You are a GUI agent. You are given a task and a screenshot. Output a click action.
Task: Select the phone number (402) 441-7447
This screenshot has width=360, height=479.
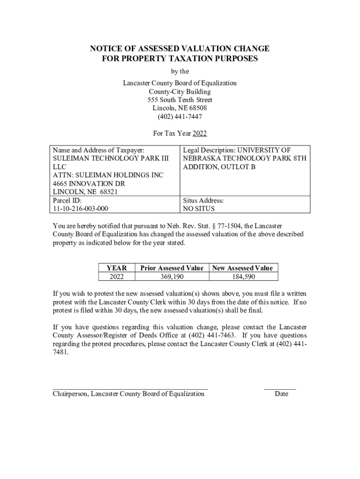point(180,117)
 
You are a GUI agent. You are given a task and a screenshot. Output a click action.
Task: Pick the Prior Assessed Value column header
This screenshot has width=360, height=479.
point(172,268)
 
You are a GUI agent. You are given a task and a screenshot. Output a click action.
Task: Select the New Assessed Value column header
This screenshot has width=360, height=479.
point(242,268)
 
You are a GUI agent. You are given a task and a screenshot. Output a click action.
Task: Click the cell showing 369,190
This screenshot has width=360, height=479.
point(172,277)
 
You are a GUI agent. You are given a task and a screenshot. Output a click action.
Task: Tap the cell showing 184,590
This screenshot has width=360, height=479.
point(242,277)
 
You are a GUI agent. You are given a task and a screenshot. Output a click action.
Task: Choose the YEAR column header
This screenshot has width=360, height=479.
point(117,268)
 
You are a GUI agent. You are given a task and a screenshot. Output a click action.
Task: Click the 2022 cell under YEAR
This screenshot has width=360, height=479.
point(117,277)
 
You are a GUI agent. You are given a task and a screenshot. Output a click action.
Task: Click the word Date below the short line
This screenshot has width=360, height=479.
point(281,394)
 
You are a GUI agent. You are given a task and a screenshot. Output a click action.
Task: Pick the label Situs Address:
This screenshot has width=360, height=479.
point(203,201)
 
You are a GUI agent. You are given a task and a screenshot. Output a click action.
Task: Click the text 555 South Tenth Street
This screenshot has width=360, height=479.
point(180,100)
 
